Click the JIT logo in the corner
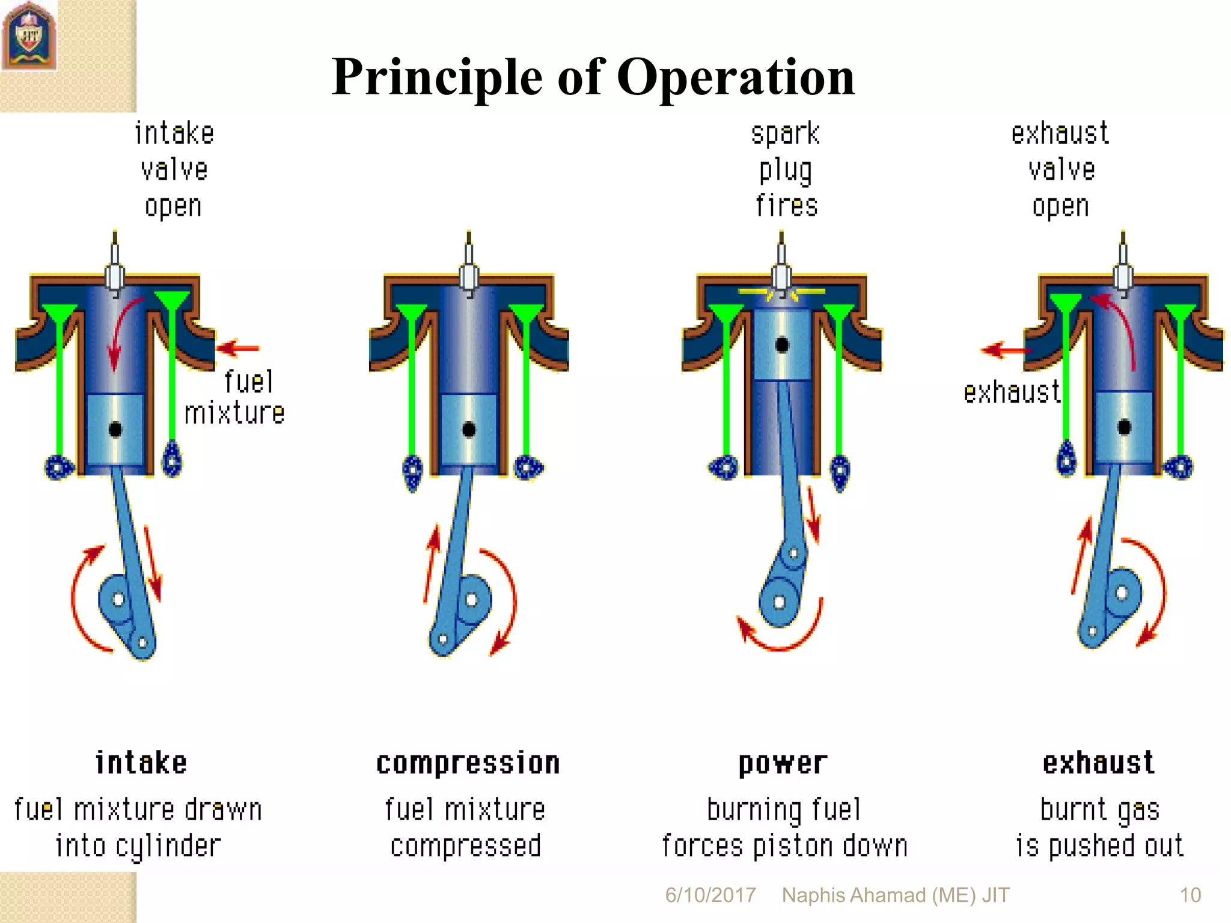pos(28,36)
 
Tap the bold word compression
pos(468,764)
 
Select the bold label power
pos(783,764)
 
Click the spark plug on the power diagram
pos(781,270)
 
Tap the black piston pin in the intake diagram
pos(115,429)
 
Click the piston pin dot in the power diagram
pos(782,345)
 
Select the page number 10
pos(1190,895)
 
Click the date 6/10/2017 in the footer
pos(710,895)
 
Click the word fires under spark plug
pos(786,206)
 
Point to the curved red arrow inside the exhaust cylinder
pos(1119,327)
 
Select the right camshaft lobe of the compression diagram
pos(528,468)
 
